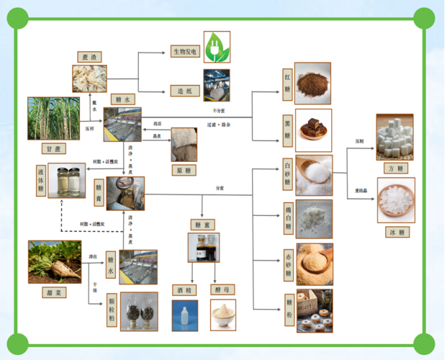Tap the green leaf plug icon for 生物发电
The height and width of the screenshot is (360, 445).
(x=217, y=47)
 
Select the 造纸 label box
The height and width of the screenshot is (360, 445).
(x=185, y=91)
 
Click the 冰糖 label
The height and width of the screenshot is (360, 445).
(x=395, y=231)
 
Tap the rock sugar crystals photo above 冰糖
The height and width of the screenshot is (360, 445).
(x=395, y=200)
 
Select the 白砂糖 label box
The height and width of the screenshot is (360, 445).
(x=287, y=175)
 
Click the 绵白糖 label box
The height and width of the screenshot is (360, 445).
(x=287, y=218)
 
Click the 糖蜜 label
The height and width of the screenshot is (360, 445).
(x=202, y=224)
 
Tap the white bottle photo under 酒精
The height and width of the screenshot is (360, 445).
(x=185, y=315)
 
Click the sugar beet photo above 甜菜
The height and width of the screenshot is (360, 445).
(x=55, y=262)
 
